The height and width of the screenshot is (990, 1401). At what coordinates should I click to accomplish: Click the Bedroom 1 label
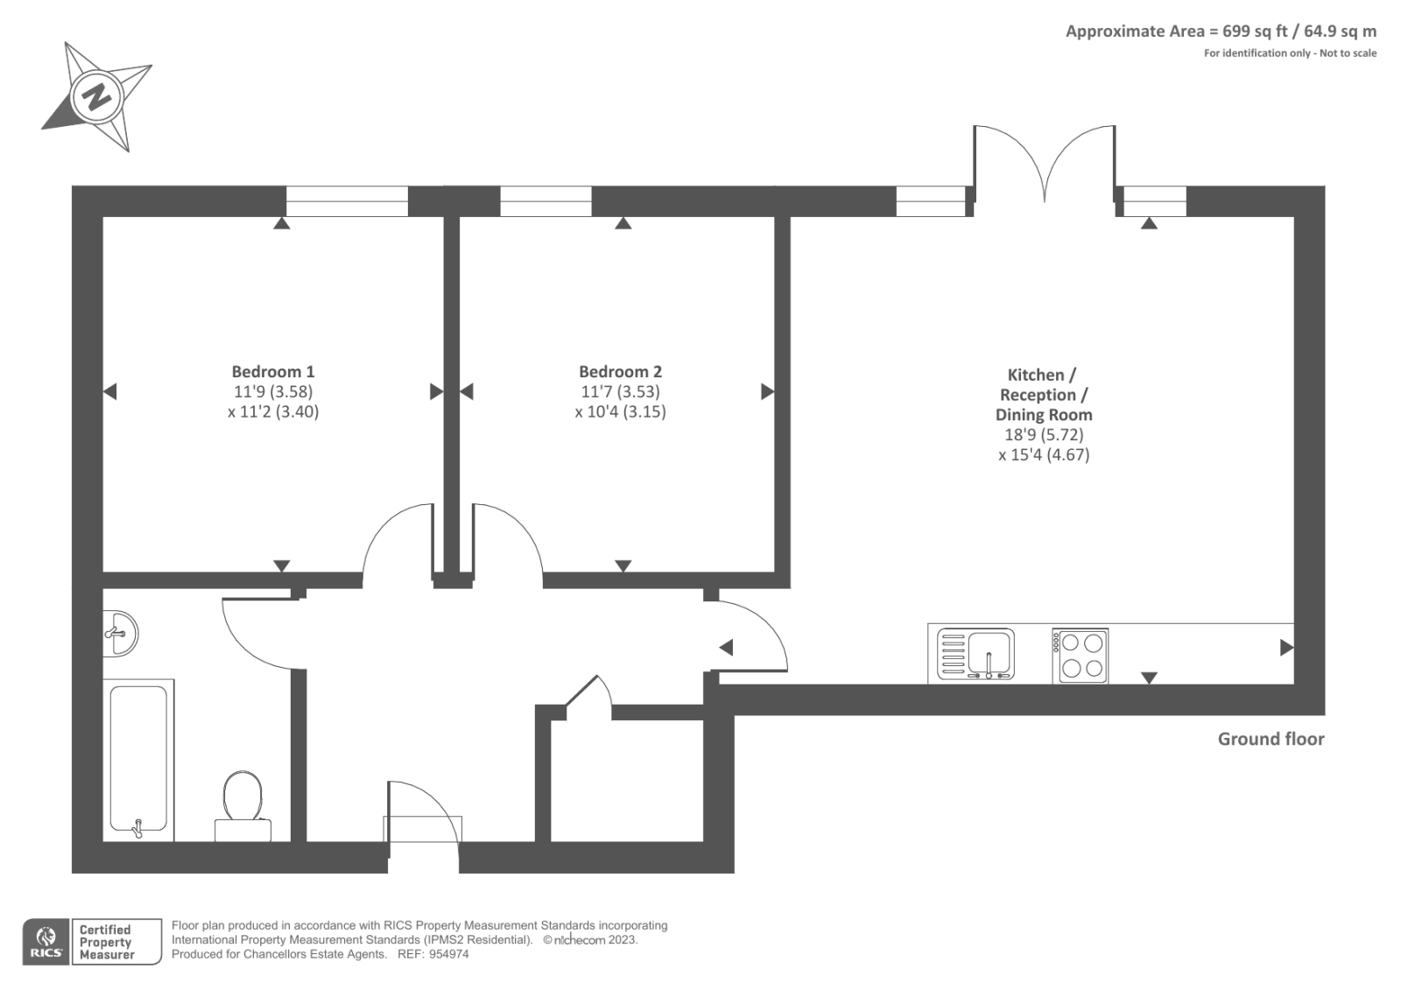click(x=272, y=371)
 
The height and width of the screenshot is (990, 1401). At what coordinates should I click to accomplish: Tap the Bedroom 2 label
click(x=620, y=371)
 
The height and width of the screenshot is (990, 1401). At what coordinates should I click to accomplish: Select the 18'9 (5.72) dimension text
click(x=1043, y=434)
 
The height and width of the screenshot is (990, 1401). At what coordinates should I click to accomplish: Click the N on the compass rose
click(x=96, y=95)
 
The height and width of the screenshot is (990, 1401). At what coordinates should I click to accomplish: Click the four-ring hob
click(x=1080, y=656)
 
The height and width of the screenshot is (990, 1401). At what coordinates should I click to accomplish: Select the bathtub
click(x=138, y=758)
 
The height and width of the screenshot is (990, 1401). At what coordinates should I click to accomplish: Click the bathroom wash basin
click(x=121, y=632)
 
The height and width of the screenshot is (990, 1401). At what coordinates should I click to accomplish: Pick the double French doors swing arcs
click(x=1044, y=162)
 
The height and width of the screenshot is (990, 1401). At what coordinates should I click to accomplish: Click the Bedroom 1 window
click(x=347, y=201)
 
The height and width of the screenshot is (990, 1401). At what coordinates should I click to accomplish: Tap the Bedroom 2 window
click(x=546, y=201)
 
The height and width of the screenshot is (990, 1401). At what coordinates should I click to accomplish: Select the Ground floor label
click(x=1271, y=739)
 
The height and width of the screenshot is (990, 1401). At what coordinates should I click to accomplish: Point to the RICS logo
click(x=46, y=942)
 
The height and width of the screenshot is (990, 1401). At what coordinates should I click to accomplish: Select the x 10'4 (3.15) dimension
click(x=620, y=411)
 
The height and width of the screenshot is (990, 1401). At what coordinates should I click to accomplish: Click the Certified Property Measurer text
click(x=106, y=942)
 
